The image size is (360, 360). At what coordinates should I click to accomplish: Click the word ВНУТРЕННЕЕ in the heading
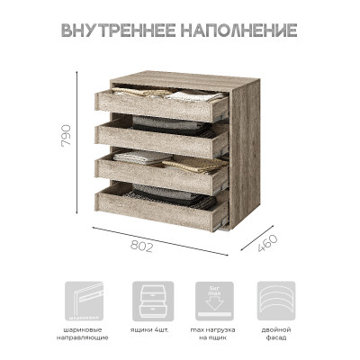click(118, 31)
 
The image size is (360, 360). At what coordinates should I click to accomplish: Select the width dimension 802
click(144, 245)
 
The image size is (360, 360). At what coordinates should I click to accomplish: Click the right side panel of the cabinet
click(244, 153)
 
